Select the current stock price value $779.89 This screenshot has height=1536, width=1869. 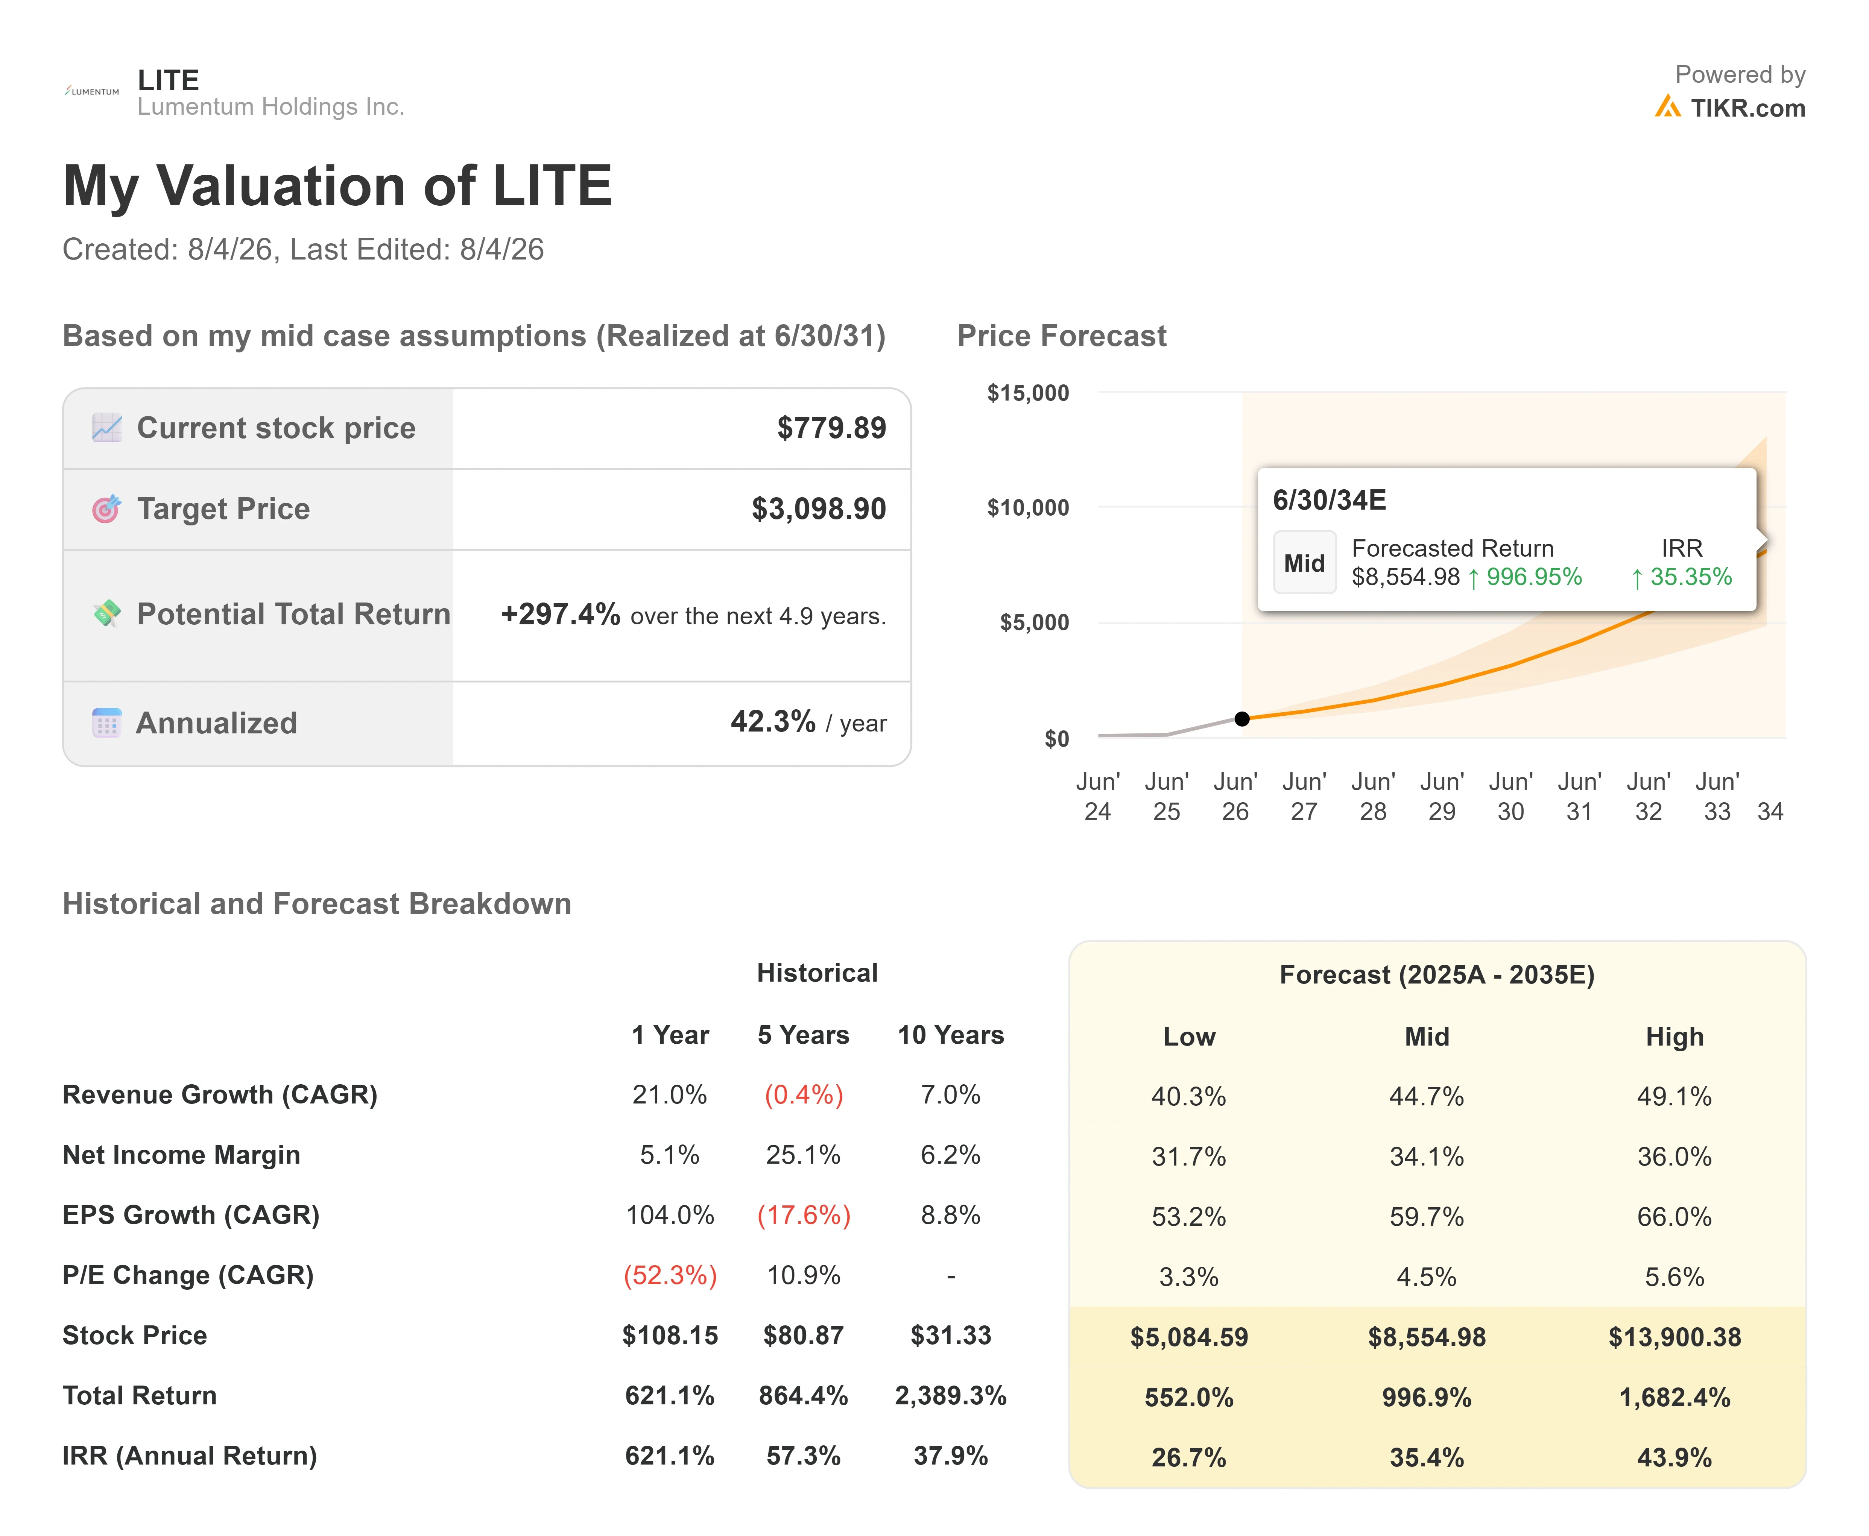pos(831,428)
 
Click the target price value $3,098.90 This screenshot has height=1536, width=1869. pos(819,509)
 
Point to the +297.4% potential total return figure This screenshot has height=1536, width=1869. pos(560,614)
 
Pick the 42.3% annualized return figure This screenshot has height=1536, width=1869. pos(773,722)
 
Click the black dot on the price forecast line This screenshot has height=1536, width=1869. pos(1241,718)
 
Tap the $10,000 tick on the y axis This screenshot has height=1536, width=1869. pos(1028,508)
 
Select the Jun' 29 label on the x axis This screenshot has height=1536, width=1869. pos(1442,796)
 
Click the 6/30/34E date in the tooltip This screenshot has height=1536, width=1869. pos(1329,500)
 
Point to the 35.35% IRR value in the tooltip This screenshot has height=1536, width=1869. pos(1690,577)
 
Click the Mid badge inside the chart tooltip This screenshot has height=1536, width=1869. pos(1304,563)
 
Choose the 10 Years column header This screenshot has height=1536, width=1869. pos(950,1035)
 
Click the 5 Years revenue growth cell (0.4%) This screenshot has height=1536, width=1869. pos(804,1095)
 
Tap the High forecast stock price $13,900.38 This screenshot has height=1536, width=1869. pos(1674,1337)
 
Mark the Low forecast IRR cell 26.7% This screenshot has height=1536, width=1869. pos(1188,1457)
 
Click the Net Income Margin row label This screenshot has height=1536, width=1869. pos(181,1155)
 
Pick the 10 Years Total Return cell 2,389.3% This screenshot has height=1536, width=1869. pos(950,1396)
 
